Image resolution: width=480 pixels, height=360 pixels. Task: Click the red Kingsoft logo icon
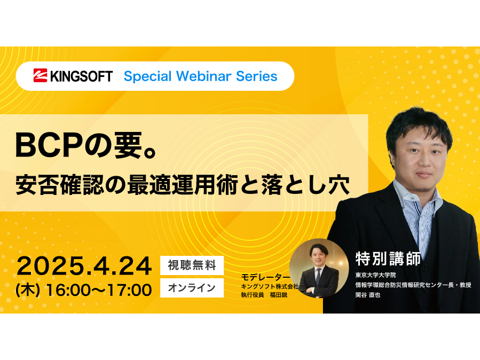coord(40,76)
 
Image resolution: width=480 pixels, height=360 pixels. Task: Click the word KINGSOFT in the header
coord(82,76)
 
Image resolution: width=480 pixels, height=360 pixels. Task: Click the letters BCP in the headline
coord(49,145)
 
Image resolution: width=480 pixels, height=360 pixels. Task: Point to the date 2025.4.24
coord(84,266)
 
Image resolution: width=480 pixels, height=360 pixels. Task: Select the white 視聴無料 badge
coord(192,265)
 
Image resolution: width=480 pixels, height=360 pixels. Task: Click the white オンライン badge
coord(192,288)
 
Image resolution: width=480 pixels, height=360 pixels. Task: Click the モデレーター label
coord(265,277)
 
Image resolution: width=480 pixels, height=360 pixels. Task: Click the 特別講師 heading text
coord(388,259)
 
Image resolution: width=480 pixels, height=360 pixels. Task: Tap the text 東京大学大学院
coord(375,275)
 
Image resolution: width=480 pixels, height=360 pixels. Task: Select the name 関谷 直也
coord(368,295)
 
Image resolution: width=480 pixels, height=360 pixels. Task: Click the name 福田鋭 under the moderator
coord(279,295)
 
